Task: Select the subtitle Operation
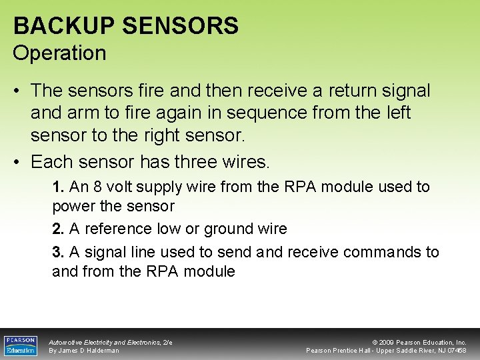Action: [59, 53]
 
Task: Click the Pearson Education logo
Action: [21, 345]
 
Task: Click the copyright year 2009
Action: [387, 342]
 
